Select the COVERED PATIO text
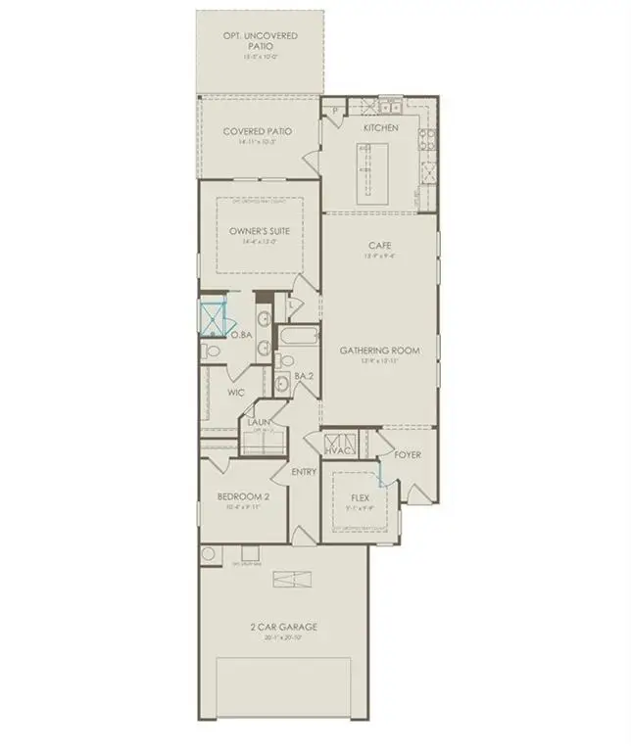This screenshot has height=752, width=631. point(258,131)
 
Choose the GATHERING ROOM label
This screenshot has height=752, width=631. point(380,350)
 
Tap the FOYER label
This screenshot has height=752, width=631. point(408,454)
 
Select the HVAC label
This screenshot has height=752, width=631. point(339,451)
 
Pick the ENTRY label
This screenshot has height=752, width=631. point(305,472)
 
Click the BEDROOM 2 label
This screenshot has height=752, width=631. point(243,496)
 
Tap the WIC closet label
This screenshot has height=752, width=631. point(235,393)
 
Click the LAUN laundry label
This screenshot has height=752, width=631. point(259,423)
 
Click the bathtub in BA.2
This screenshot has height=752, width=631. point(297,339)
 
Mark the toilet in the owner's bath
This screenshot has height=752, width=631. point(213,352)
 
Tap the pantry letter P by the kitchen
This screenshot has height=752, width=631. point(334,111)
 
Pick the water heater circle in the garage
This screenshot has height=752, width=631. point(208,555)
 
